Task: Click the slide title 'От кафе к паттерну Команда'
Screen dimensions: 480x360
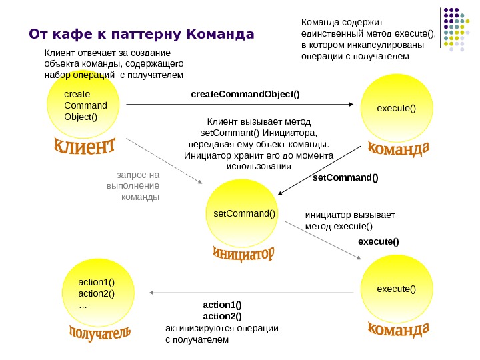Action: coord(141,33)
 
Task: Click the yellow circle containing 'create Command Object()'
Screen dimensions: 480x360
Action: coord(83,106)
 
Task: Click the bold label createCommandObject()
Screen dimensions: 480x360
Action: coord(245,94)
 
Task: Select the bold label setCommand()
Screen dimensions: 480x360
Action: coord(345,178)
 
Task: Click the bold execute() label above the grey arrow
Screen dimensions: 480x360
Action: coord(379,241)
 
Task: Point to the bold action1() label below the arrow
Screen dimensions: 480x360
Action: coord(222,305)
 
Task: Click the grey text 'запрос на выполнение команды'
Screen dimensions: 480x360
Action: coord(135,186)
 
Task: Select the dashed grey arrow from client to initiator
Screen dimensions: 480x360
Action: coord(164,160)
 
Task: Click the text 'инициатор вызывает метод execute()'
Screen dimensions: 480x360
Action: coord(350,221)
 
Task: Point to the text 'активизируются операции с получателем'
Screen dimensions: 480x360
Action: coord(221,334)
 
